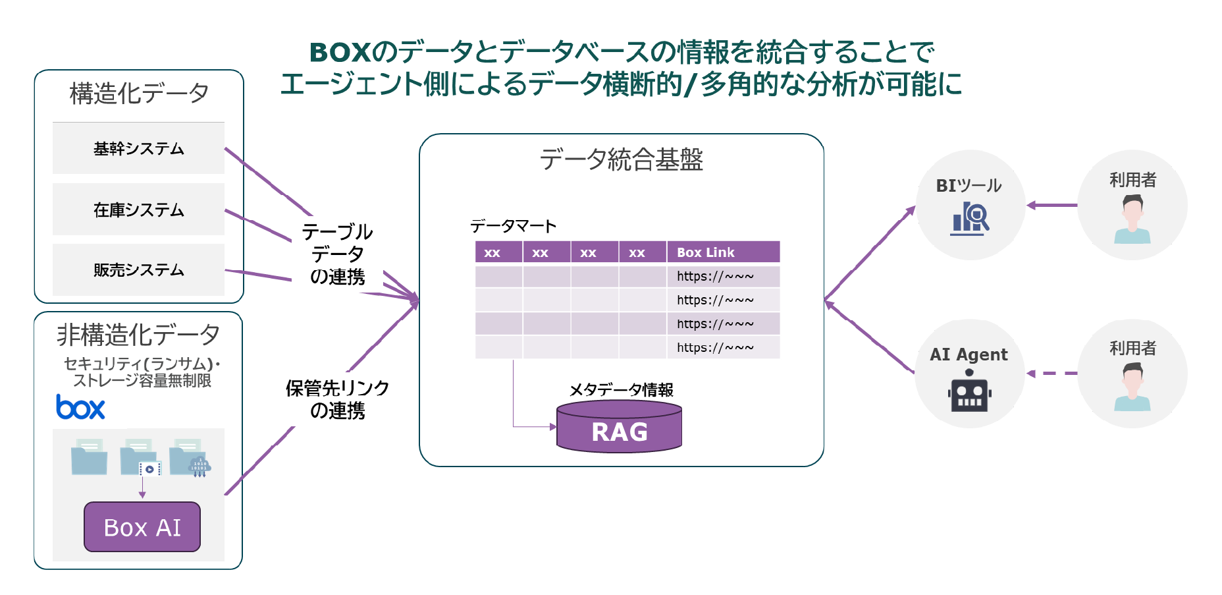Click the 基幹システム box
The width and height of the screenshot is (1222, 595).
click(x=138, y=148)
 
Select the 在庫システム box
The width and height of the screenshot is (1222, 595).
click(x=138, y=210)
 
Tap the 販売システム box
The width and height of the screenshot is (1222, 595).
click(x=138, y=269)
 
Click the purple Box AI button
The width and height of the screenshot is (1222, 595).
click(x=142, y=527)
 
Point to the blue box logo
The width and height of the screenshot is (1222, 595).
click(x=80, y=407)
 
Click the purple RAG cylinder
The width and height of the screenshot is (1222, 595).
click(x=619, y=428)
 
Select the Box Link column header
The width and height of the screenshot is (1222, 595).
click(x=723, y=252)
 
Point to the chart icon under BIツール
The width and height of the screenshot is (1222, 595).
click(x=970, y=219)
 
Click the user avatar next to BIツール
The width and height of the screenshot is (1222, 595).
click(x=1132, y=221)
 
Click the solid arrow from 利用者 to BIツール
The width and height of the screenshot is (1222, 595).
click(x=1051, y=205)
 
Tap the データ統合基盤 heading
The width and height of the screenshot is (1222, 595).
click(x=622, y=159)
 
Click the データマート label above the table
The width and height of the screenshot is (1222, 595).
click(x=513, y=227)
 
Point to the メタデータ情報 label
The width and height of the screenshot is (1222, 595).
click(x=621, y=389)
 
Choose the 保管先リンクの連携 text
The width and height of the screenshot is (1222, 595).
click(x=337, y=399)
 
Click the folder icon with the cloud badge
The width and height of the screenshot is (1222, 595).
click(x=189, y=459)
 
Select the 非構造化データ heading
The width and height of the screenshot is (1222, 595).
click(x=138, y=335)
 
